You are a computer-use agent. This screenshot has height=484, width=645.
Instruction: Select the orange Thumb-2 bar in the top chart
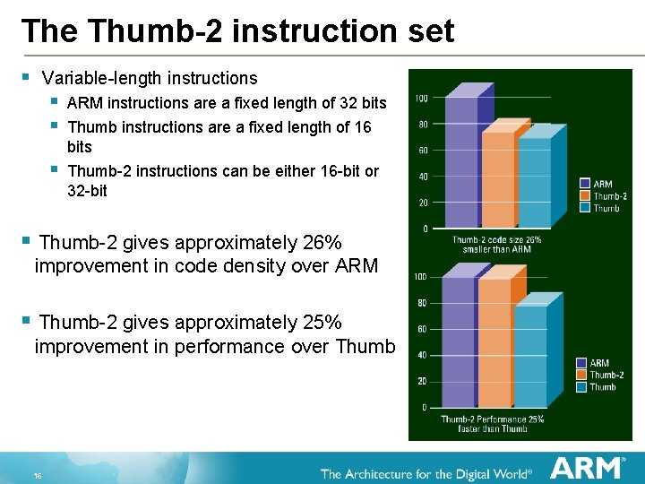[497, 179]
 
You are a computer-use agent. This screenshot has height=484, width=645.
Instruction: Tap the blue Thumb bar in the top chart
[534, 184]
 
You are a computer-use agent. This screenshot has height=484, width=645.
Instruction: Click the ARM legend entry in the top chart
[602, 185]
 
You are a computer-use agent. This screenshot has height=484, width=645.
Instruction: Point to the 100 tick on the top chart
[420, 98]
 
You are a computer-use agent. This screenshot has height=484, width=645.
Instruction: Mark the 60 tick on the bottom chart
[420, 329]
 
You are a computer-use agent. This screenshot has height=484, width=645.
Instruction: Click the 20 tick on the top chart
[420, 202]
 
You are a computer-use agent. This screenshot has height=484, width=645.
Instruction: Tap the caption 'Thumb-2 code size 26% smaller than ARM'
[491, 244]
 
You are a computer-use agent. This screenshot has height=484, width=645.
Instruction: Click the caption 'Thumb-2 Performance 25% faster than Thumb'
[492, 424]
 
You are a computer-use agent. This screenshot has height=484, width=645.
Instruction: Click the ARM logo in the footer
[588, 468]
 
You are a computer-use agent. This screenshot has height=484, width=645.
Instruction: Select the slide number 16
[39, 474]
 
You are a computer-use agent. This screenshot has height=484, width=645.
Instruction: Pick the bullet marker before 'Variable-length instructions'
[27, 78]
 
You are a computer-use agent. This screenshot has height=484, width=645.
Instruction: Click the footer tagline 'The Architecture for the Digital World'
[426, 472]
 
